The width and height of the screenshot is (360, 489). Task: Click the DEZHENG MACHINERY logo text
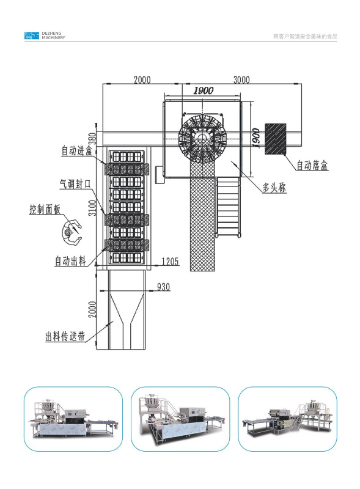point(53,35)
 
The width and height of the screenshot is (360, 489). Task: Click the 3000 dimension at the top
point(241,80)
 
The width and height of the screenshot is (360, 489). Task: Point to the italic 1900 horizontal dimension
point(203,90)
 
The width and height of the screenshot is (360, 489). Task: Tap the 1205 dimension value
point(171,261)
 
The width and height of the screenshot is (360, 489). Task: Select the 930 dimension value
point(163,287)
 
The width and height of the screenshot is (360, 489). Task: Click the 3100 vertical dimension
point(93,208)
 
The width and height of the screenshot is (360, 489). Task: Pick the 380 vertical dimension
point(92,139)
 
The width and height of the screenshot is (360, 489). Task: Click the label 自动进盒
point(77,150)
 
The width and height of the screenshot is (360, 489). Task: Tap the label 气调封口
point(75,184)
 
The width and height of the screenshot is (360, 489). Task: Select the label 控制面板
point(45,209)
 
